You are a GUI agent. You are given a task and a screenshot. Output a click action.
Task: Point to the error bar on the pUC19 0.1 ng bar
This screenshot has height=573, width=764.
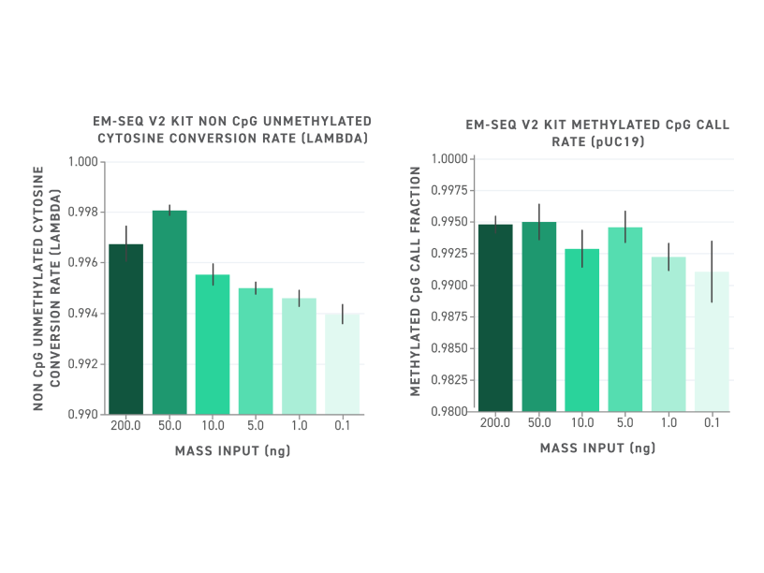(712, 272)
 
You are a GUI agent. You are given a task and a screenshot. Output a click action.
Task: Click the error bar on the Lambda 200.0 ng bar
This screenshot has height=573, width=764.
(126, 243)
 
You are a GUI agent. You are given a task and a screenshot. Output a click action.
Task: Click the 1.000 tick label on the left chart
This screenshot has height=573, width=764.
(85, 162)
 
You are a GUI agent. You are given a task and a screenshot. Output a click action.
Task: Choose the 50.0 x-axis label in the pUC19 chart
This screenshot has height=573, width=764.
(538, 423)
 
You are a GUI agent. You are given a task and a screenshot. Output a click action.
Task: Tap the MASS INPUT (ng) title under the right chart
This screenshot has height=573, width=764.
(597, 448)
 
